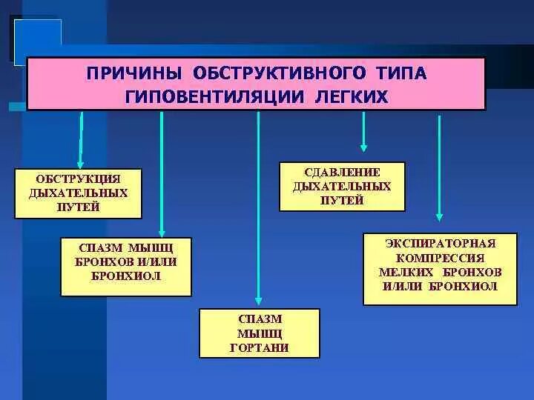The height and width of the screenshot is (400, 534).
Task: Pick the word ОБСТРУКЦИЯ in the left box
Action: point(79,179)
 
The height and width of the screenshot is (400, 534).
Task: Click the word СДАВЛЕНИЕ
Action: point(342,173)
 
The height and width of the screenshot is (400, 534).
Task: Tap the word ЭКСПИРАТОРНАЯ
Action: point(440,243)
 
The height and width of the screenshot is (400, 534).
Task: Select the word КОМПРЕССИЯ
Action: point(440,258)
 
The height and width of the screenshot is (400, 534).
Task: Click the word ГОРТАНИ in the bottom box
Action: point(260,347)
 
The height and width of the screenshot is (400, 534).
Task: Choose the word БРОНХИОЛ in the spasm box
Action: point(126,276)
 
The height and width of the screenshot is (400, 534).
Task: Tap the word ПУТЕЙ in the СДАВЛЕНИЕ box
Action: point(342,200)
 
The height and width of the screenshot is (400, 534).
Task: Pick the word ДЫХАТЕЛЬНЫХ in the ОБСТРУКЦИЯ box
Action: point(79,193)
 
